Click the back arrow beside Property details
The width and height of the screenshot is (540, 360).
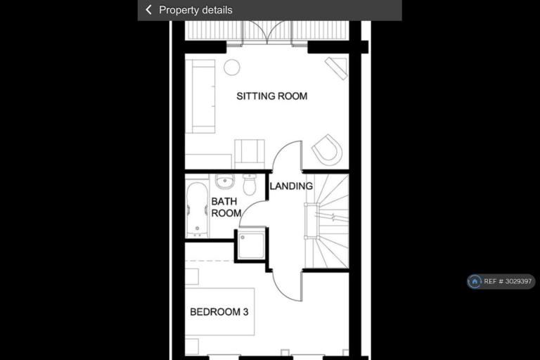(x=149, y=10)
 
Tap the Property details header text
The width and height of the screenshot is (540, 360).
(x=195, y=10)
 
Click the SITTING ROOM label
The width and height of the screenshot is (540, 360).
(x=271, y=96)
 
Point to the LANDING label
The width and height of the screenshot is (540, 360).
(x=291, y=186)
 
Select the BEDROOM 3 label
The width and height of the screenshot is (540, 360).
(x=219, y=311)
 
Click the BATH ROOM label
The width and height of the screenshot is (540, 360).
(x=226, y=207)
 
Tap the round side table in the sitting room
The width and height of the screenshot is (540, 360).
(x=232, y=67)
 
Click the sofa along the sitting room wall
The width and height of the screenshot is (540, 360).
(x=200, y=96)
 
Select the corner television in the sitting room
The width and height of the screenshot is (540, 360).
(x=336, y=68)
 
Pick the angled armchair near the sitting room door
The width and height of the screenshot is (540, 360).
(x=327, y=150)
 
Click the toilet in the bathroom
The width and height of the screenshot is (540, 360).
(x=250, y=184)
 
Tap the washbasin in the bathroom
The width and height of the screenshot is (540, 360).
(x=225, y=181)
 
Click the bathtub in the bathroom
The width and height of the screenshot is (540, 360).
(x=197, y=210)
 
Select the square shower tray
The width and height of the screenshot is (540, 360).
(x=252, y=246)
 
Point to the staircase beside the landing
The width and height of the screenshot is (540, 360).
(x=327, y=221)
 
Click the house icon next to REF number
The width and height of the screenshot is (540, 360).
(x=475, y=281)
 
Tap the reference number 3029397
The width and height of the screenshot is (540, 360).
(x=518, y=281)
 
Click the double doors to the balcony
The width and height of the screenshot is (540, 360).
(x=268, y=32)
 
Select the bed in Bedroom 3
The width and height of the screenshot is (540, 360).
(x=219, y=311)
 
